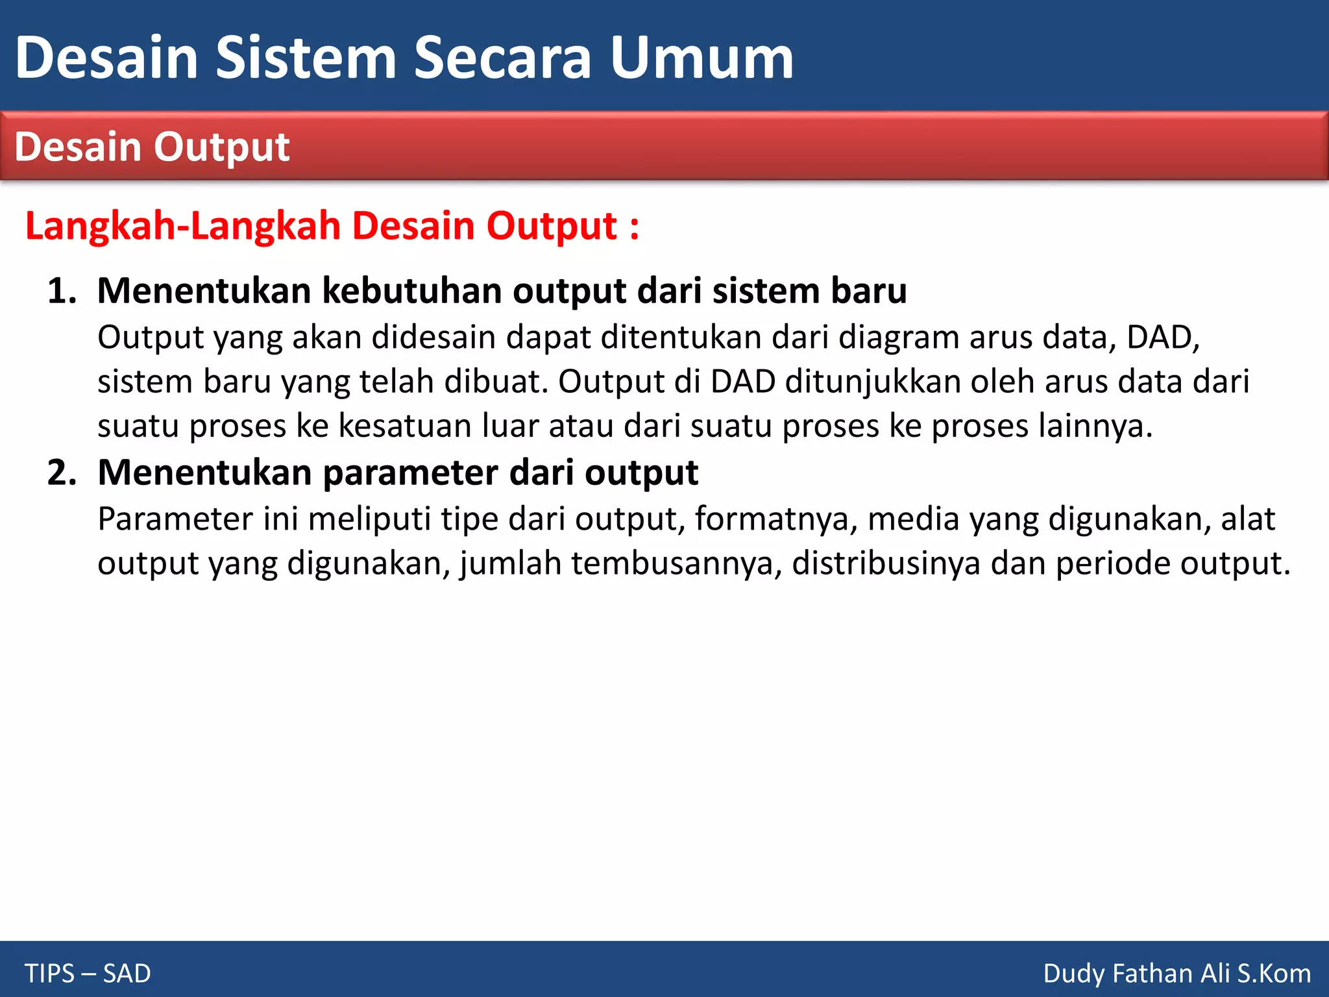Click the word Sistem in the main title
pos(306,58)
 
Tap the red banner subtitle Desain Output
pos(152,147)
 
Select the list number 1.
pos(61,291)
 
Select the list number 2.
pos(61,473)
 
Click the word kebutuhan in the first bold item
pos(412,291)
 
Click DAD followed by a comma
pos(1162,338)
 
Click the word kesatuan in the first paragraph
pos(405,426)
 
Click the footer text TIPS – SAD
pos(88,974)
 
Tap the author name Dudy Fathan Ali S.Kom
pos(1177,974)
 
